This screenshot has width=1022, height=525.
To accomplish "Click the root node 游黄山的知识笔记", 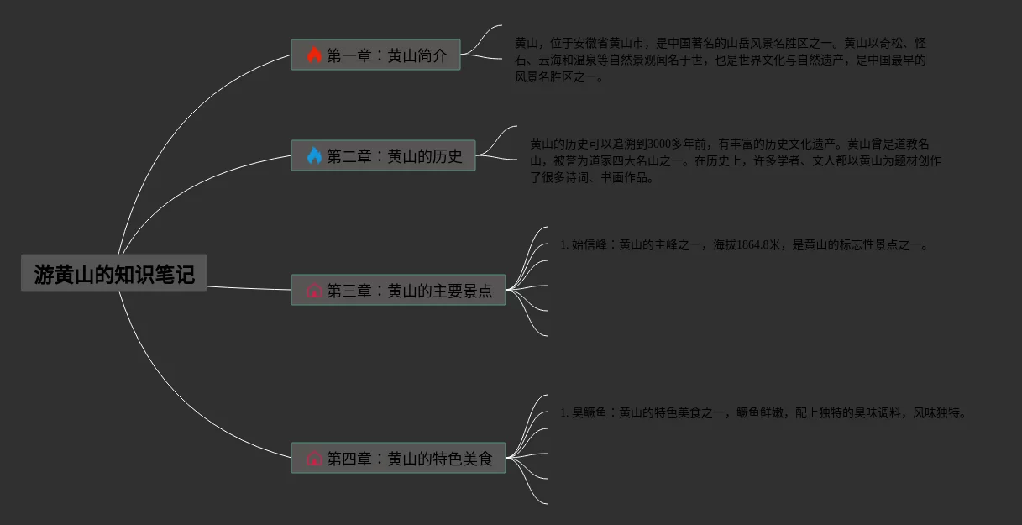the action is (113, 274).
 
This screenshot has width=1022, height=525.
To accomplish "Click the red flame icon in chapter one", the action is (314, 55).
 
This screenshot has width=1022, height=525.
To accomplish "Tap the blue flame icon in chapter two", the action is (314, 156).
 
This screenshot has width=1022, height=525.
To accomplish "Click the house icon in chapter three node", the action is (315, 291).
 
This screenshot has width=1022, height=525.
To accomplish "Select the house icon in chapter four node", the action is (315, 459).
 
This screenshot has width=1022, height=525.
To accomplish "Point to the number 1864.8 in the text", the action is (754, 245).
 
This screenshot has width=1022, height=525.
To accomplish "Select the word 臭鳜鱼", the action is (589, 413).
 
